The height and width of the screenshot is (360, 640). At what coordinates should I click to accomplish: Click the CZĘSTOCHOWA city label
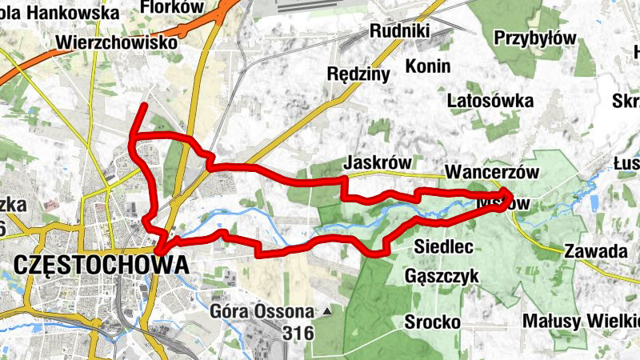pyautogui.click(x=102, y=264)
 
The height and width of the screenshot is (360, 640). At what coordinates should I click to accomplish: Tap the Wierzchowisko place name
pyautogui.click(x=118, y=42)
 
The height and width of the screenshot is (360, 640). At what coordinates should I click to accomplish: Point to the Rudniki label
pyautogui.click(x=400, y=31)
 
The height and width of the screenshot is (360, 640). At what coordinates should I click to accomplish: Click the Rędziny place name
pyautogui.click(x=358, y=74)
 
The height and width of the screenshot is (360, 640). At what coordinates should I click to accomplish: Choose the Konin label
pyautogui.click(x=428, y=66)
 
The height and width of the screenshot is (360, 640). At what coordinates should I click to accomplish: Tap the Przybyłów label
pyautogui.click(x=535, y=38)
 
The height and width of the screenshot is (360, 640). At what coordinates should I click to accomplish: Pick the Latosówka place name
pyautogui.click(x=490, y=102)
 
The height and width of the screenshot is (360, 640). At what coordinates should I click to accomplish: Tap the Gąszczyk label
pyautogui.click(x=442, y=276)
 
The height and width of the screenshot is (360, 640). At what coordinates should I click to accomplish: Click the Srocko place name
pyautogui.click(x=432, y=322)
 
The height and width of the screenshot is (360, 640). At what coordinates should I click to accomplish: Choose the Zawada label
pyautogui.click(x=595, y=251)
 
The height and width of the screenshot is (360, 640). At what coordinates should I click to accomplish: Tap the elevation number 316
pyautogui.click(x=297, y=332)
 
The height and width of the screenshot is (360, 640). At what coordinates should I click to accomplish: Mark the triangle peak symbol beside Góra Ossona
pyautogui.click(x=327, y=310)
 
